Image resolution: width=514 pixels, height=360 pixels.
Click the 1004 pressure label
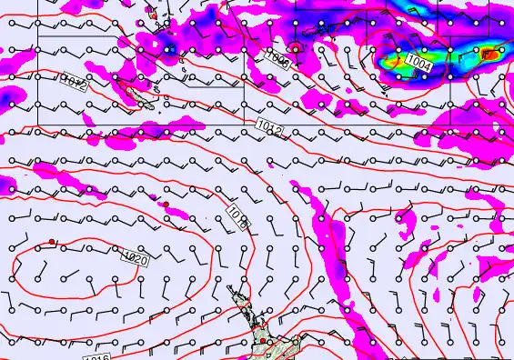(x=419, y=62)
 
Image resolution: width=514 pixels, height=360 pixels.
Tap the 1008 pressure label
(x=278, y=61)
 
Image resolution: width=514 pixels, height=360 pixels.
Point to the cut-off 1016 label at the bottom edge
(x=96, y=355)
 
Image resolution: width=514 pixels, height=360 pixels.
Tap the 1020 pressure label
(x=134, y=260)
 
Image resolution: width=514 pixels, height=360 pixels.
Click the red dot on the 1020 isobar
(x=53, y=242)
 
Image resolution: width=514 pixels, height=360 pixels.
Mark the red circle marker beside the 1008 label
(x=295, y=47)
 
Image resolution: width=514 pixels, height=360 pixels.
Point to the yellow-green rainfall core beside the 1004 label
(x=393, y=63)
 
